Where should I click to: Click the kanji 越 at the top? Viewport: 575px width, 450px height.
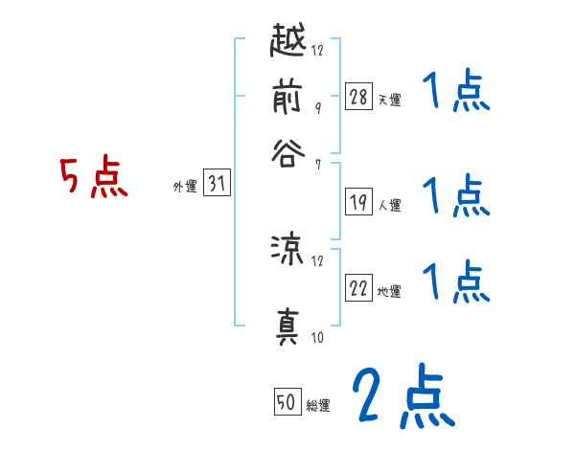point(287,43)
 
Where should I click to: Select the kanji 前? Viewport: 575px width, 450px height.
point(287,98)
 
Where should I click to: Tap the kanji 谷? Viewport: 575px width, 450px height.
point(287,153)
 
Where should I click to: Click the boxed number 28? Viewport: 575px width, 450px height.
point(358,96)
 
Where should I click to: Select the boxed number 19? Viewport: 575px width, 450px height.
point(358,202)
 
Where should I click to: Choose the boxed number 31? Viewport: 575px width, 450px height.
point(217,185)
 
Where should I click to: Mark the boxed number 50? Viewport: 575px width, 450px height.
point(287,403)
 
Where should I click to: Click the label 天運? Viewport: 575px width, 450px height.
point(389,100)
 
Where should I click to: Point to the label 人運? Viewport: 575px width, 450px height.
point(389,205)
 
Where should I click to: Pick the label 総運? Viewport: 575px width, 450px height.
point(318,406)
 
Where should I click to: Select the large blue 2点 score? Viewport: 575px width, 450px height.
point(402,397)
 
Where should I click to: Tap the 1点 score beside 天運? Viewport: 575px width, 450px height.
point(455,94)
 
